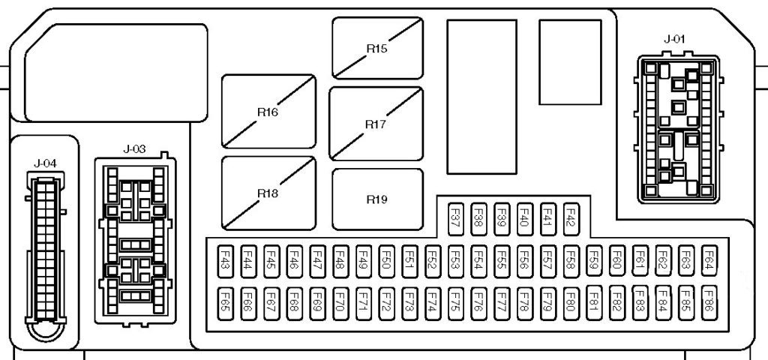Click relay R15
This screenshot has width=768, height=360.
coord(376,49)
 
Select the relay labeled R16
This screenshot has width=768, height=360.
coord(268,111)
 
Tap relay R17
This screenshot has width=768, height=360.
coord(375,123)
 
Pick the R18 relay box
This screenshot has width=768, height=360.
coord(268,193)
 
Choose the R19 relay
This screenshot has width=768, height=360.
coord(376,199)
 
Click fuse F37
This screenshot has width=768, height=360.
coord(454,217)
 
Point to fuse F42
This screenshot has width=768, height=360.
coord(571,217)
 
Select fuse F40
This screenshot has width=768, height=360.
coord(524,217)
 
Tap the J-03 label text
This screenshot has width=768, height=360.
coord(133,148)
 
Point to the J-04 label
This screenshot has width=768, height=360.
coord(45,162)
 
